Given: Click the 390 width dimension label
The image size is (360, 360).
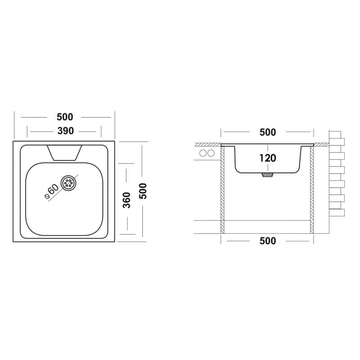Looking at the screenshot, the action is (65, 131).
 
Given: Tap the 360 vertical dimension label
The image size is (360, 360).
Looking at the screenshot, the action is (126, 200).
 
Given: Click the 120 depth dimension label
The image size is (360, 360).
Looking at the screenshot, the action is (268, 158).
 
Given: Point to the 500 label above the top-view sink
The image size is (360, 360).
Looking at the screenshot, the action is (65, 117).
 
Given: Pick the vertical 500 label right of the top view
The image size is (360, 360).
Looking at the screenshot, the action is (143, 191).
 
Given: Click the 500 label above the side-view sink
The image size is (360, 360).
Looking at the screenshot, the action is (268, 132).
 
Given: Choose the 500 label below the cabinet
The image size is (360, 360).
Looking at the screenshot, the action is (268, 241).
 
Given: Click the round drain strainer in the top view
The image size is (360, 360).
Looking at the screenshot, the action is (68, 184).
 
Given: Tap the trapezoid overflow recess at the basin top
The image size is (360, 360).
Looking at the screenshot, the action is (64, 153).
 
